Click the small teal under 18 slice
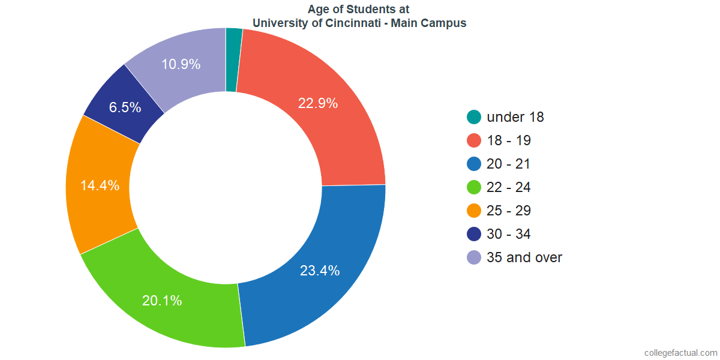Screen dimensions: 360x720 click(x=233, y=60)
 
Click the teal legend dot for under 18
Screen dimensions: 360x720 click(x=474, y=117)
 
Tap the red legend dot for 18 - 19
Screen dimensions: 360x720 click(x=474, y=140)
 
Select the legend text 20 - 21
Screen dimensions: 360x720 click(x=509, y=164)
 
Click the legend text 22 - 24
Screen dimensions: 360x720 click(x=509, y=187)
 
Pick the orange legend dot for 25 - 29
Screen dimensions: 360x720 click(x=474, y=211)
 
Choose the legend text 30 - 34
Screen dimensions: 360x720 click(x=509, y=234)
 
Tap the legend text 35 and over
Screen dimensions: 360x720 click(x=524, y=257)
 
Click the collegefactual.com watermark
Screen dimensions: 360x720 click(x=680, y=353)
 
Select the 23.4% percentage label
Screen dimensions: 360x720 click(x=320, y=271)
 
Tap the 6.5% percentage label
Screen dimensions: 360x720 click(x=125, y=108)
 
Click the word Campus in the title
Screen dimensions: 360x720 click(x=446, y=23)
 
